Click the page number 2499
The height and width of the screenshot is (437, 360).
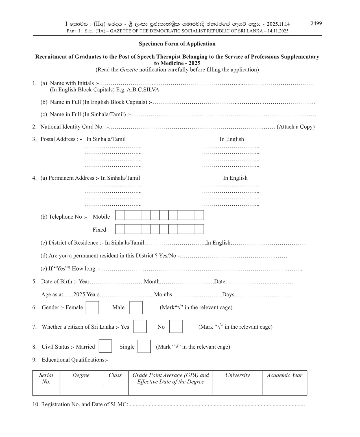[316, 23]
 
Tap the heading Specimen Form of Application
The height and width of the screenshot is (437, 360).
[177, 44]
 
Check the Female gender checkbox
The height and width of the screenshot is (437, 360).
[92, 308]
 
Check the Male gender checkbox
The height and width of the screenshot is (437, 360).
[136, 308]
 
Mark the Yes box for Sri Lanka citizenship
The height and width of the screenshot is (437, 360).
[140, 326]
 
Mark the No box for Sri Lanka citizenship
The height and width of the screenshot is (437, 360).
[176, 326]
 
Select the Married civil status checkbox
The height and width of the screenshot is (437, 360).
[105, 346]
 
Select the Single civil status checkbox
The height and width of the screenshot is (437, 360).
[144, 346]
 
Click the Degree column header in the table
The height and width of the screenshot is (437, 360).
[81, 375]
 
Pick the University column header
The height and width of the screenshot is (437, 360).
[237, 375]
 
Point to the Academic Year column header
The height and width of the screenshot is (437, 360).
[284, 375]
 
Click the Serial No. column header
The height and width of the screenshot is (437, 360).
[46, 378]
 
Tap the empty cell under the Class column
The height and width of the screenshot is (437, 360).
[115, 391]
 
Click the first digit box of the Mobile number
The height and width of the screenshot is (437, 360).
[120, 215]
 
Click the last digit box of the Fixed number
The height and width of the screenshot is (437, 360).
[199, 229]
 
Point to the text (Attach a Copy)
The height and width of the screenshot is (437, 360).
[296, 127]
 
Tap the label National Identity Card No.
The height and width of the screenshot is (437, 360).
[72, 127]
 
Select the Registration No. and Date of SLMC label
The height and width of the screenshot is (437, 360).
[80, 404]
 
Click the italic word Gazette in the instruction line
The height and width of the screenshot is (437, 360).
[129, 70]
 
